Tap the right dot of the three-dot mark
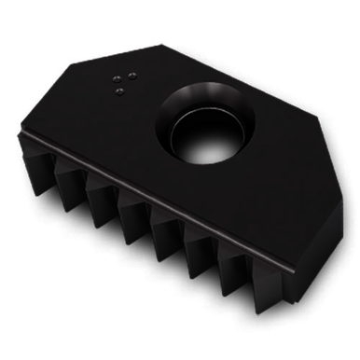pyautogui.click(x=132, y=76)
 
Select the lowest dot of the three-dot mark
pyautogui.click(x=120, y=90)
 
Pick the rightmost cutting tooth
pyautogui.click(x=261, y=280)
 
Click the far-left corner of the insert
pyautogui.click(x=19, y=132)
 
